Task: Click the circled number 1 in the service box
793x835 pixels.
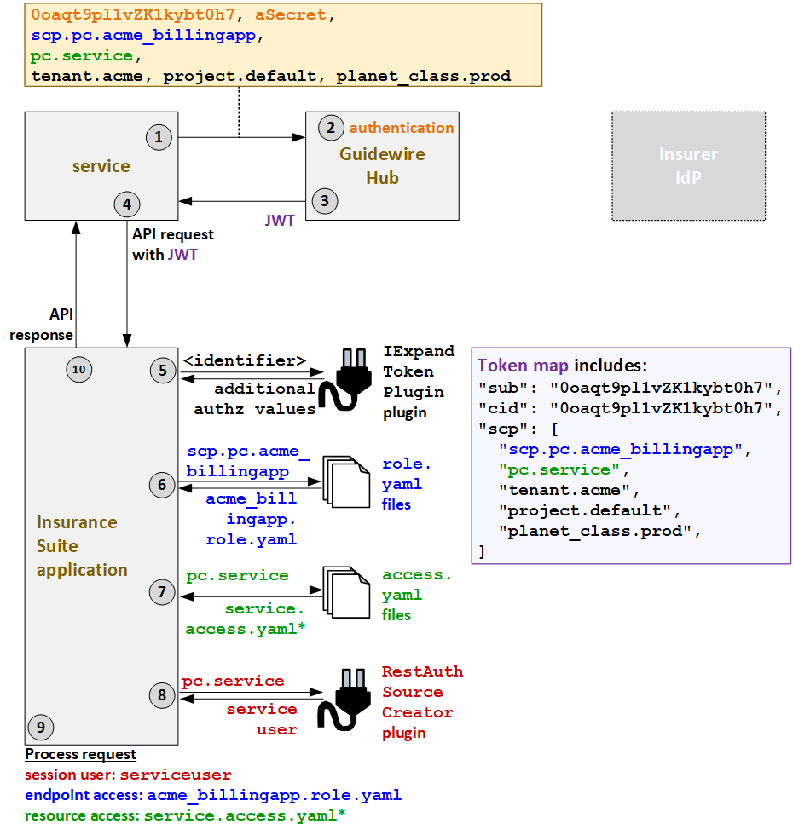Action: [x=159, y=136]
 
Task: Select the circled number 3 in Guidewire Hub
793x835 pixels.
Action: [x=324, y=201]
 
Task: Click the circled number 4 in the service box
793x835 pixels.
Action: [x=127, y=204]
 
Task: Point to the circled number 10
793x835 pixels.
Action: [x=78, y=369]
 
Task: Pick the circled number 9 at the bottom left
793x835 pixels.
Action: [x=40, y=727]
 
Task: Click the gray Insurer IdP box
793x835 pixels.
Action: [x=688, y=166]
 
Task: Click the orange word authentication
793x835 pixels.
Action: [x=402, y=128]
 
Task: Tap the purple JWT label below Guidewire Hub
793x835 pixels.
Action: [x=280, y=221]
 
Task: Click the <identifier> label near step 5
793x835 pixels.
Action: [x=245, y=360]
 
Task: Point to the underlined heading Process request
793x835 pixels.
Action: [x=80, y=754]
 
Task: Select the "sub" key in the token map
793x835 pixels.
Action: [x=496, y=388]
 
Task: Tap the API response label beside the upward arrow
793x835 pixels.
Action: [x=43, y=325]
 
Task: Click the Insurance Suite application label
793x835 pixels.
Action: [x=82, y=546]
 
